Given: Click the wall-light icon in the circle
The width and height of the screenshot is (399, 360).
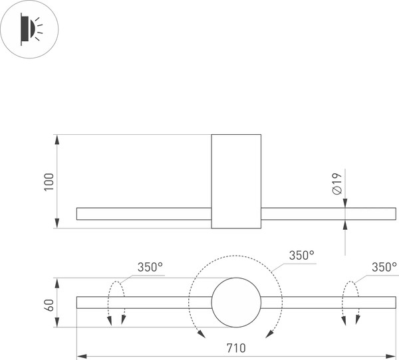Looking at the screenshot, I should [x=29, y=29].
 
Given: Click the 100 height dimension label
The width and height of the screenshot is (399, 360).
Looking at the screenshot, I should [x=49, y=181].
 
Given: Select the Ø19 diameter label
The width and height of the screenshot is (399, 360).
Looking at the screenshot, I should [x=336, y=183].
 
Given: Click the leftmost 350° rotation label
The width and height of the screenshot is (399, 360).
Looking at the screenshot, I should [x=150, y=267].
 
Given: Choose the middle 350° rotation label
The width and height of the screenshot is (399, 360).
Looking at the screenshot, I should [x=301, y=255].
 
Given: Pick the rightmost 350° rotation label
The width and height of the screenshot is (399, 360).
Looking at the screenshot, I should [x=384, y=267].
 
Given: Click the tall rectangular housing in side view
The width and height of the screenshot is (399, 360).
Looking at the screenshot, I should [x=236, y=181].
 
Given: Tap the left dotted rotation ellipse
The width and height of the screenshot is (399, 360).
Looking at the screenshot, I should [x=116, y=304].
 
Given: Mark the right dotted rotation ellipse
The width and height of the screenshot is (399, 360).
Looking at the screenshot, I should [x=350, y=304].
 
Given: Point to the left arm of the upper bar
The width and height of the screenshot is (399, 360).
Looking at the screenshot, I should [x=144, y=214].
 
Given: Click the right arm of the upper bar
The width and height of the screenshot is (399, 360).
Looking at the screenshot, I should [x=329, y=214].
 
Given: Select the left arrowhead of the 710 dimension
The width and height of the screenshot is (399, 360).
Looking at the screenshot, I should [x=80, y=355].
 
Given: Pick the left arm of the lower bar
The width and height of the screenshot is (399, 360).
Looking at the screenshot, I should [x=144, y=303].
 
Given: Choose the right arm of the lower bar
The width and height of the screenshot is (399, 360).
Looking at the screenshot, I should [x=329, y=303].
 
